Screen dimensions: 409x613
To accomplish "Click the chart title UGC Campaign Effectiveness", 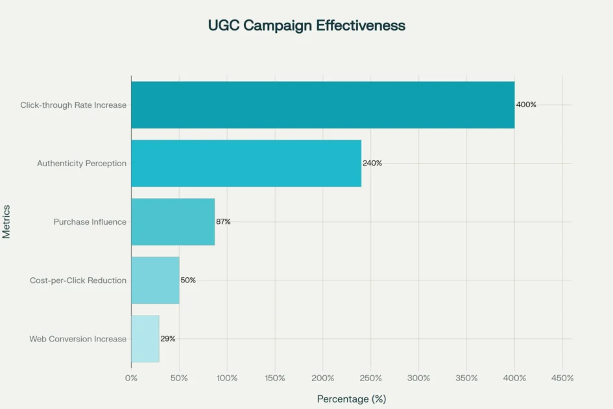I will click(306, 25).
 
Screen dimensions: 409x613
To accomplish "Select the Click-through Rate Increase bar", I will click(322, 105).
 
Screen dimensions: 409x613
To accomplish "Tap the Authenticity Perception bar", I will click(246, 163).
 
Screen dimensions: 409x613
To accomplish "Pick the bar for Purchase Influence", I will click(173, 221).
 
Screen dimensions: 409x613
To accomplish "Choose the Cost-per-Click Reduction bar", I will click(155, 280).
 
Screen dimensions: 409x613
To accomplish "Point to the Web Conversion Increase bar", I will click(145, 339).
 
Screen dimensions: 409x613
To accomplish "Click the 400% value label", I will click(526, 105).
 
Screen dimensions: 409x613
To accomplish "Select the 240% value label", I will click(372, 163).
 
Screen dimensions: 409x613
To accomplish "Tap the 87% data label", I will click(223, 221).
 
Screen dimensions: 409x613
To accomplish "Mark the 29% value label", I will click(167, 339).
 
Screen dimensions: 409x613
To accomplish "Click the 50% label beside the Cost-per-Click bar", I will click(188, 280).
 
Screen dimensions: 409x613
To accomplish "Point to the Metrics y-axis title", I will click(6, 221).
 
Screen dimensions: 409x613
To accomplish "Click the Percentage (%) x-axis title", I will click(351, 399).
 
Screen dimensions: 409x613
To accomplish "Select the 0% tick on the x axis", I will click(131, 378).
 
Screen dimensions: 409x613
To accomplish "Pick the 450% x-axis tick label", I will click(562, 378).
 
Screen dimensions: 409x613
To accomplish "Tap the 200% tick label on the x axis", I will click(322, 378).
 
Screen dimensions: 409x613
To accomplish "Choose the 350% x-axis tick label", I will click(466, 378).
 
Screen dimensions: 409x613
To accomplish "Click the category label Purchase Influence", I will click(90, 222).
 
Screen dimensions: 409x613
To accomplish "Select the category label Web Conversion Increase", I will click(78, 339).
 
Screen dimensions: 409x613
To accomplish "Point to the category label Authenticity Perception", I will click(82, 164).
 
